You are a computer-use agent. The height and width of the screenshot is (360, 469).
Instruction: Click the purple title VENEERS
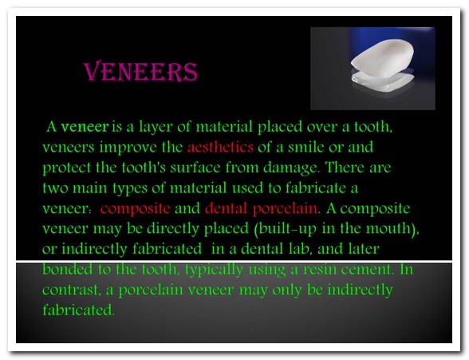point(140,72)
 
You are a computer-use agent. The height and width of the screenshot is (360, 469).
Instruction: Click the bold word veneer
point(85,127)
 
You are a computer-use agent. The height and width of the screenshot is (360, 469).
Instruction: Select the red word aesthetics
point(220,147)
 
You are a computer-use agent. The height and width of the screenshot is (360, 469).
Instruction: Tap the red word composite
point(136,209)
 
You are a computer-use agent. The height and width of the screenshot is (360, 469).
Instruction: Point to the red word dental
point(227,208)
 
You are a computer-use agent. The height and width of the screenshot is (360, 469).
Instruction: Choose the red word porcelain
point(285,209)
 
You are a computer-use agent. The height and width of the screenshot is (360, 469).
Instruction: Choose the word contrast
point(70,290)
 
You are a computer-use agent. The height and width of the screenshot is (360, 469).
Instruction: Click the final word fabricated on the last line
point(78,310)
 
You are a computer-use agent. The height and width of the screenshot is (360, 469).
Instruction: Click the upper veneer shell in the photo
point(383,57)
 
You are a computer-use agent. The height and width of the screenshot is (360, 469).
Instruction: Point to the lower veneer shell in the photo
point(383,81)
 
